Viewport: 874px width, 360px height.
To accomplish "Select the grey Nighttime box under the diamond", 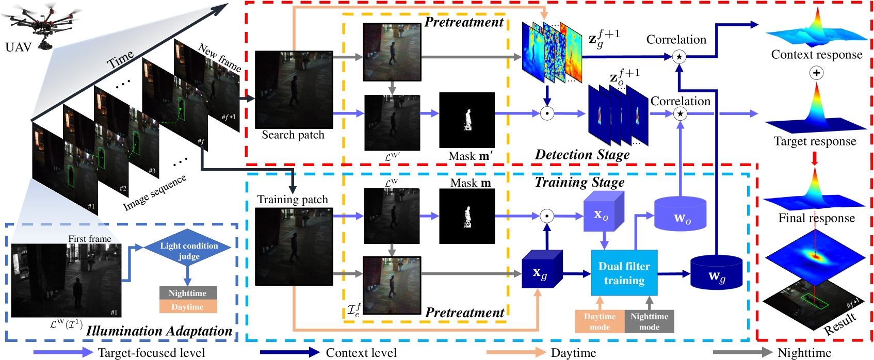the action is pyautogui.click(x=188, y=293).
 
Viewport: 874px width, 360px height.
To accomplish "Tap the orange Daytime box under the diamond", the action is pyautogui.click(x=188, y=306).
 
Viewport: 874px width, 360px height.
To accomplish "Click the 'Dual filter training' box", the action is pyautogui.click(x=624, y=273).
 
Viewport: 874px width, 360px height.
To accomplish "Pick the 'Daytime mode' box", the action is pyautogui.click(x=600, y=321).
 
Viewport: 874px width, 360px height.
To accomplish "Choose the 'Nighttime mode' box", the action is pyautogui.click(x=649, y=321).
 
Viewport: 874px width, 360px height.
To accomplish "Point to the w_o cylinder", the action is pyautogui.click(x=680, y=213).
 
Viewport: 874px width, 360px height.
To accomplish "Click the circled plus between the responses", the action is pyautogui.click(x=816, y=73).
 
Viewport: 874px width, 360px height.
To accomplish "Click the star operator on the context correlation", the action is pyautogui.click(x=679, y=57).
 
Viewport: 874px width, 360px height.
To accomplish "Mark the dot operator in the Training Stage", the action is pyautogui.click(x=547, y=216).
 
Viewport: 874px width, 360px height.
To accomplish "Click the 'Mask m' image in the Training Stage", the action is pyautogui.click(x=467, y=216).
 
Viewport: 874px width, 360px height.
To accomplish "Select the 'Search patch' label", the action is pyautogui.click(x=293, y=135).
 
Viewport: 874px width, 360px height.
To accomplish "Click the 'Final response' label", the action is pyautogui.click(x=817, y=218).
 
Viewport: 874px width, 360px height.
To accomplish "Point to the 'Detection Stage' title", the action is pyautogui.click(x=582, y=154).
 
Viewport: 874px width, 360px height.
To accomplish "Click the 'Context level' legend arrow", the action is pyautogui.click(x=290, y=352).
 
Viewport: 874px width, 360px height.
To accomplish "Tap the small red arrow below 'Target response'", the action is pyautogui.click(x=814, y=158).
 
